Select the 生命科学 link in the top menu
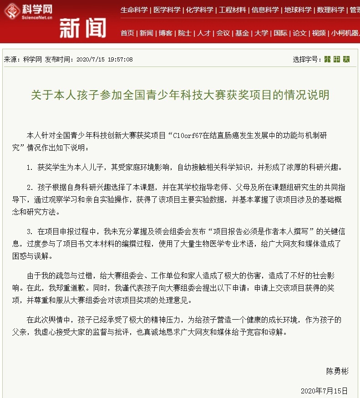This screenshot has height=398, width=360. click(134, 10)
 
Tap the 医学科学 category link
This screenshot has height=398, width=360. click(167, 10)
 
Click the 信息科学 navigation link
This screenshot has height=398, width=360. click(265, 10)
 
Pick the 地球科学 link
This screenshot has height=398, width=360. click(298, 10)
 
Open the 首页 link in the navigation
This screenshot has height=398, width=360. click(127, 33)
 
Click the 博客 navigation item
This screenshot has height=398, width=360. click(166, 33)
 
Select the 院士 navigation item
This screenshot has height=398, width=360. click(185, 33)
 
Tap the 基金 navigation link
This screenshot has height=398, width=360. click(242, 33)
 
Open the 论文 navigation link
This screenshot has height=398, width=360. click(299, 33)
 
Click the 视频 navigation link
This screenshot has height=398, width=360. click(319, 33)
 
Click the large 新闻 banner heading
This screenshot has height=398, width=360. click(82, 29)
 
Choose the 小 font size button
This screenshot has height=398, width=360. click(327, 59)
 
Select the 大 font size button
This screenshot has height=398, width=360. click(346, 59)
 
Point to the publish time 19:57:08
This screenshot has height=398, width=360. click(118, 59)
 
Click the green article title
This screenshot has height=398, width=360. click(180, 95)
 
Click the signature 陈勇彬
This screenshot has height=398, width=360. click(337, 371)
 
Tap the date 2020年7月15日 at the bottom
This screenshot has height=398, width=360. click(324, 391)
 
